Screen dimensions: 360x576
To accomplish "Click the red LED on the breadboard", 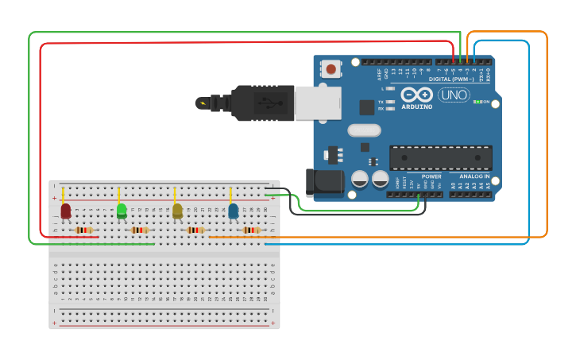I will [x=66, y=211].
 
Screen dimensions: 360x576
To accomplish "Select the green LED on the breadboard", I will [x=122, y=211].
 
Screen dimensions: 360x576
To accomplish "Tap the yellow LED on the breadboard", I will [x=177, y=211].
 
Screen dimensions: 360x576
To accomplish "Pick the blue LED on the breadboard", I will [x=233, y=211].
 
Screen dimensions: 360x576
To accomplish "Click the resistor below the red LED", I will [x=84, y=230].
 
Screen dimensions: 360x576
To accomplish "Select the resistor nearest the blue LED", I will [x=251, y=230].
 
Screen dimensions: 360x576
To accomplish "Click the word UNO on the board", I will [x=454, y=95].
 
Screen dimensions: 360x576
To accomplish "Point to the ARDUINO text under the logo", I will [x=417, y=106].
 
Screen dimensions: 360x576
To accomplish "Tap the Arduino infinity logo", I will [x=418, y=95].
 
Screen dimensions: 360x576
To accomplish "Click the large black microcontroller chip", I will [x=440, y=157].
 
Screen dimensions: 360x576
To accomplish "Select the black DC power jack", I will [x=326, y=183].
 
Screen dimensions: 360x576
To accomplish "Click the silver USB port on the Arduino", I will [x=317, y=103].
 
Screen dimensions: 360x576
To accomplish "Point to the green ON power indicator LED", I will [x=477, y=102].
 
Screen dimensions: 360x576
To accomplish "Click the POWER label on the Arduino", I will [x=431, y=176].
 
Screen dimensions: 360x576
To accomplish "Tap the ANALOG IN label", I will [x=474, y=176].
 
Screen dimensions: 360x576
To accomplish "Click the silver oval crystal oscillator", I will [x=364, y=130].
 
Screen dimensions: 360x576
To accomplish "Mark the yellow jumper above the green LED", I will [x=119, y=195].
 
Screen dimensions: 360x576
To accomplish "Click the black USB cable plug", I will [x=262, y=103].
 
